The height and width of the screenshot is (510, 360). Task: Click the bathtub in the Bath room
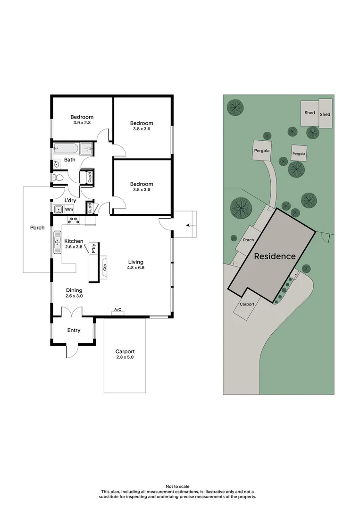(66, 149)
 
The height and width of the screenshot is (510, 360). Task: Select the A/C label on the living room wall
(117, 310)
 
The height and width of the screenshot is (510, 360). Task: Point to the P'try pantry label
(94, 247)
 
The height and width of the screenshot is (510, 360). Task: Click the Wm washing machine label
(69, 209)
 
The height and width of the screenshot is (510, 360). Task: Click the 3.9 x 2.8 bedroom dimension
(82, 123)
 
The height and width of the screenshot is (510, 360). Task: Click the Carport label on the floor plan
(125, 351)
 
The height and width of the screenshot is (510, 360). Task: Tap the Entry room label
(74, 330)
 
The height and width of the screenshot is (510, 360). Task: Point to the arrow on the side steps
(190, 225)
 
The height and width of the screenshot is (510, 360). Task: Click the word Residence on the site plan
(275, 256)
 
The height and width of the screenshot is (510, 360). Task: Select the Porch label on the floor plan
(37, 228)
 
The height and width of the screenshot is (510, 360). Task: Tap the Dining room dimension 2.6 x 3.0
(74, 296)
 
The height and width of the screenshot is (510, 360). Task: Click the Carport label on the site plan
(247, 304)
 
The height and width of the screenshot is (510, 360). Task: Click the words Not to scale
(180, 486)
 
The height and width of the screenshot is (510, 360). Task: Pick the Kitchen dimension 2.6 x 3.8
(74, 246)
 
